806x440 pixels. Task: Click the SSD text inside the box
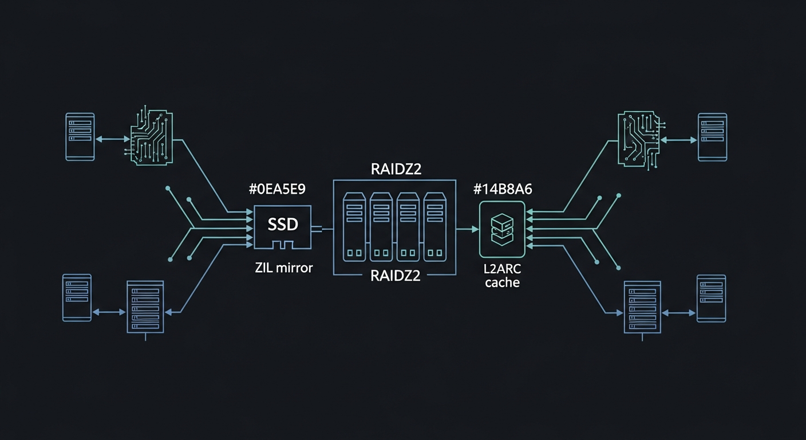(283, 224)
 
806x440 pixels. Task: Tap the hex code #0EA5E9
(278, 190)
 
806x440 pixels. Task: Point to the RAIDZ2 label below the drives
(395, 276)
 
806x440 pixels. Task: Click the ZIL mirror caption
(284, 267)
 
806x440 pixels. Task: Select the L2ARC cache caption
(502, 276)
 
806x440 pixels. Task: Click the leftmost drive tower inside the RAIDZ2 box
(354, 227)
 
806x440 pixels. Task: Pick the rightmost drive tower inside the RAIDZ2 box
(435, 227)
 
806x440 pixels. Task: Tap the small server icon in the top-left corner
(80, 136)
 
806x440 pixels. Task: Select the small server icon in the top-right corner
(712, 137)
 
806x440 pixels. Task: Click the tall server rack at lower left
(145, 307)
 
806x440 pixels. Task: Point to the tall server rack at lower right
(642, 307)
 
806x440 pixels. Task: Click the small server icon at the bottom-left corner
(77, 298)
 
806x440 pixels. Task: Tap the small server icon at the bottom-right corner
(711, 298)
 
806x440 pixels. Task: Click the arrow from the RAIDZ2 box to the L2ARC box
(467, 229)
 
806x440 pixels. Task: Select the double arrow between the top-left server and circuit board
(113, 139)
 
